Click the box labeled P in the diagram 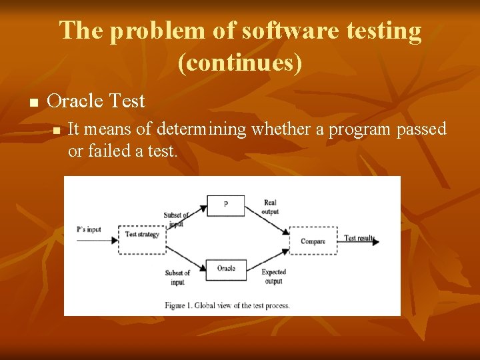tap(225, 205)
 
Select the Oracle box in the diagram tap(225, 269)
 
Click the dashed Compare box tap(313, 241)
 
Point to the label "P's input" tap(89, 229)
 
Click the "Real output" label tap(271, 207)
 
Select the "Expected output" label tap(273, 277)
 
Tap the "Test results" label tap(359, 238)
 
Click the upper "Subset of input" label tap(177, 219)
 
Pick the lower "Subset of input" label tap(177, 277)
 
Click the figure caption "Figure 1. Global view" tap(227, 305)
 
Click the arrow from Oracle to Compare tap(267, 259)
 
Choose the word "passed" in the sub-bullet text tap(421, 129)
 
